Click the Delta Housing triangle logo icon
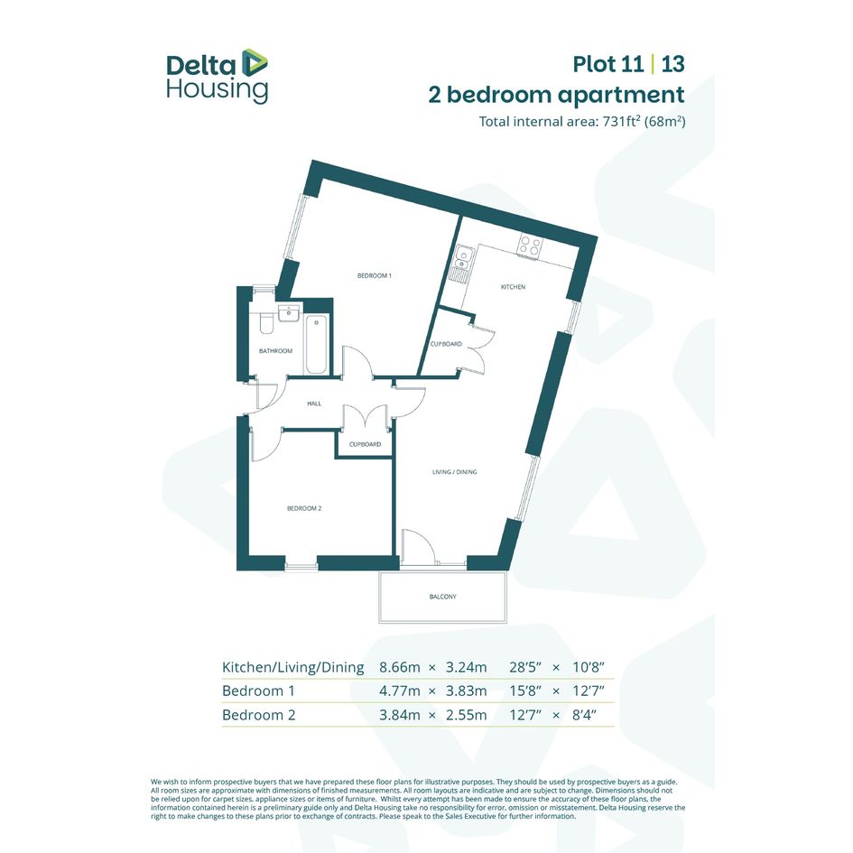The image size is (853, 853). click(x=254, y=62)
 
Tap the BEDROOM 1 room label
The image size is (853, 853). click(x=375, y=276)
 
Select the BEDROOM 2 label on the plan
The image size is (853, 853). click(x=304, y=509)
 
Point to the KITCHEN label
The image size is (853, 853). click(x=513, y=287)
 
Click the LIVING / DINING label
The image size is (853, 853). click(x=454, y=472)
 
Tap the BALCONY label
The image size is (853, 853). click(x=443, y=597)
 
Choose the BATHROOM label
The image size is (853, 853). click(x=275, y=351)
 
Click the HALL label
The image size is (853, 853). click(x=314, y=403)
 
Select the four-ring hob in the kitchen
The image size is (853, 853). click(x=529, y=246)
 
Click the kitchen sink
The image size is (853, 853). click(x=462, y=264)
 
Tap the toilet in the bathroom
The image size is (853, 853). click(x=266, y=322)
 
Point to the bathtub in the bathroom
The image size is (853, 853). click(x=316, y=344)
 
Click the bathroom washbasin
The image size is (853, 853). click(x=288, y=313)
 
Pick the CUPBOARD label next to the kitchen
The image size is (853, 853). click(x=446, y=344)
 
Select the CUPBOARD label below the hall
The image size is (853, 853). click(x=365, y=444)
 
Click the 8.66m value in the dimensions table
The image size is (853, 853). click(x=399, y=667)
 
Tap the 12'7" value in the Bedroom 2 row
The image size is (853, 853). click(x=525, y=715)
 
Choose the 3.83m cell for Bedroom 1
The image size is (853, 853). click(x=466, y=691)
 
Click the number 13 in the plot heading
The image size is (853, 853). click(x=673, y=64)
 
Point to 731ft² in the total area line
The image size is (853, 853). click(x=621, y=121)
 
